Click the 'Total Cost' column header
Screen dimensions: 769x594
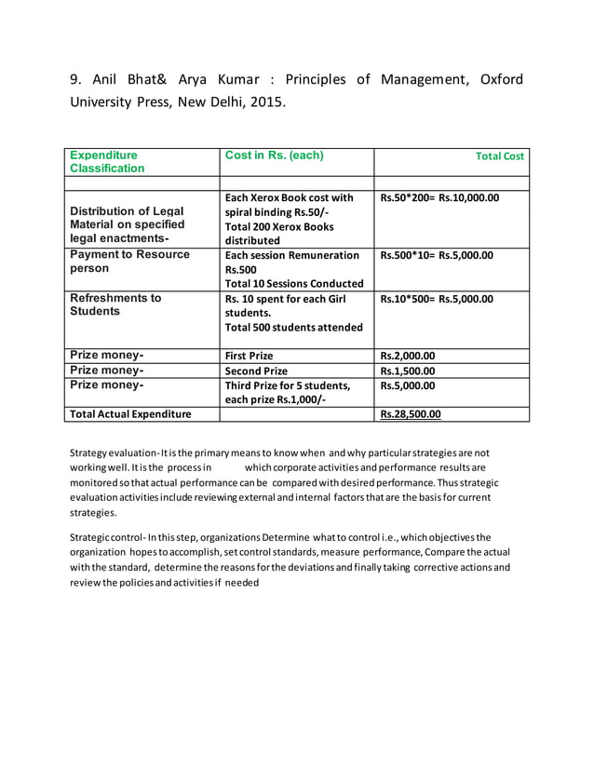[499, 156]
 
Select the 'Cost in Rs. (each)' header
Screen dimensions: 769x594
[275, 155]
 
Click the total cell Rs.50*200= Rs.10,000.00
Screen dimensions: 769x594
[439, 197]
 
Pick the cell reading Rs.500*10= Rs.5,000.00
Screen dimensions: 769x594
[437, 255]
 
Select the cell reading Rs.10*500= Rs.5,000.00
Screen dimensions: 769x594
[437, 299]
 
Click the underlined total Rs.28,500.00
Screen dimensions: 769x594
[411, 414]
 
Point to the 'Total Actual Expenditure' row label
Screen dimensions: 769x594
[130, 414]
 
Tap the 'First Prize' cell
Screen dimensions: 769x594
[250, 356]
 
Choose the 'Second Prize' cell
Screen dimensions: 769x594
[257, 371]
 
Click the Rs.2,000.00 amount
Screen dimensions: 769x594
[408, 356]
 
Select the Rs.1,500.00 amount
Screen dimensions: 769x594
[408, 371]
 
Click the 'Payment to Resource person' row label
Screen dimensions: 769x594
[129, 262]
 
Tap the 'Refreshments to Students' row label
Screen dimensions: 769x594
[115, 304]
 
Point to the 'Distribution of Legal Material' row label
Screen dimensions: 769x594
[127, 224]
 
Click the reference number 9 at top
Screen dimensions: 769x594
[77, 79]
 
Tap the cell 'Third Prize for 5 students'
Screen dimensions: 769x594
[288, 385]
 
